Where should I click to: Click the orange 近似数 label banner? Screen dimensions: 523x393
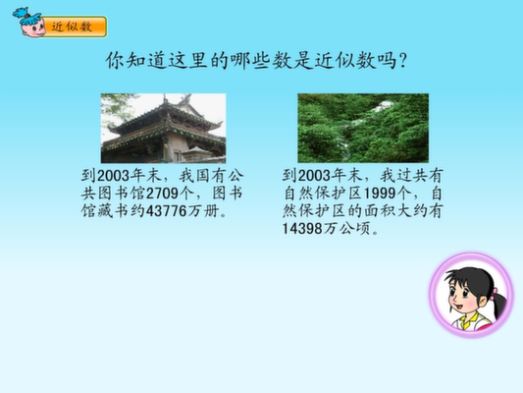(74, 27)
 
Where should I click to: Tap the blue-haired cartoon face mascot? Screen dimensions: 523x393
(29, 23)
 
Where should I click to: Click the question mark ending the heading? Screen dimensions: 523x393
(402, 61)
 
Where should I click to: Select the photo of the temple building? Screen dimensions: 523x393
(164, 129)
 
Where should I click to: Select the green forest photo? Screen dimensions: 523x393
(363, 129)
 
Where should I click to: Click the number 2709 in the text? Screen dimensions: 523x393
(162, 194)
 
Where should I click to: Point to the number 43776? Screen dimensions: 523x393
(167, 211)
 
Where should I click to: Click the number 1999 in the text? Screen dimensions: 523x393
(379, 194)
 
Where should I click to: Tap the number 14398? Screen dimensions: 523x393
(302, 229)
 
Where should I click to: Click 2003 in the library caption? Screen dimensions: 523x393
(114, 176)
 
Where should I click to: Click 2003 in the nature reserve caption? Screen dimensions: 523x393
(314, 176)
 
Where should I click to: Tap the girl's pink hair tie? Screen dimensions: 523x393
(494, 294)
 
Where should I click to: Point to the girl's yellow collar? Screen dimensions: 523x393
(469, 321)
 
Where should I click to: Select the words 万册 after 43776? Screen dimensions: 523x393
(204, 211)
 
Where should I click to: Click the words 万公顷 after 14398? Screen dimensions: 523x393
(347, 229)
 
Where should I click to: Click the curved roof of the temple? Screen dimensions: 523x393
(165, 117)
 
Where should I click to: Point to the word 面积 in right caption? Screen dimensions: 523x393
(379, 211)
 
